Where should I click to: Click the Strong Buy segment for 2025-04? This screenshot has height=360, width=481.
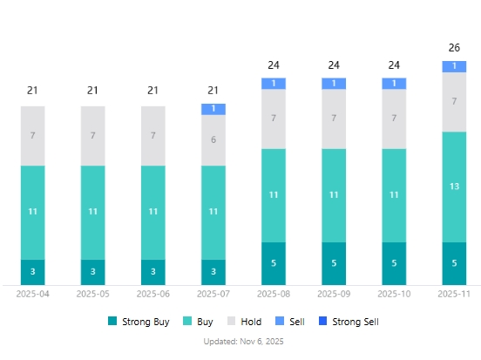point(33,272)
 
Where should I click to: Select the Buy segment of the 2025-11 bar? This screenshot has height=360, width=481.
point(454,187)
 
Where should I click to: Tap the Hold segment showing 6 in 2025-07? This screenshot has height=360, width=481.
point(213,140)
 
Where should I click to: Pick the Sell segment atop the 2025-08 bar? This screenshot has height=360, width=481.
point(274,84)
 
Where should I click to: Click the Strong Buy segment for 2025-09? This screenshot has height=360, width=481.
point(334,263)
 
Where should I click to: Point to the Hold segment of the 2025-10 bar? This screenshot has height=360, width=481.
point(394,119)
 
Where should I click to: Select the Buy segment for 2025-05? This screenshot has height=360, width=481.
point(93,212)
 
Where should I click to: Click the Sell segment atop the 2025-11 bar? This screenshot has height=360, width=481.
point(454,66)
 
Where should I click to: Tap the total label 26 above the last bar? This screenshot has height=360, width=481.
point(454,47)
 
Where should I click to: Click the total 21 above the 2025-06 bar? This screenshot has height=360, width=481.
point(153,90)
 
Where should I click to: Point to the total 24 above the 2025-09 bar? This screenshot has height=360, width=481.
point(334,65)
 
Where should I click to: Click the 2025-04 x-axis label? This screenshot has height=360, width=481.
point(33,295)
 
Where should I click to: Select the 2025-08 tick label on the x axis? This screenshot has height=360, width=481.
point(274,295)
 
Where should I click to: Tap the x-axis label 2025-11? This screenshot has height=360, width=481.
point(454,295)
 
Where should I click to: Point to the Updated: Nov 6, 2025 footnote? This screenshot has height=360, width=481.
point(243,341)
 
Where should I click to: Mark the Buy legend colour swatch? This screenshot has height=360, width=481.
point(187,322)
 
